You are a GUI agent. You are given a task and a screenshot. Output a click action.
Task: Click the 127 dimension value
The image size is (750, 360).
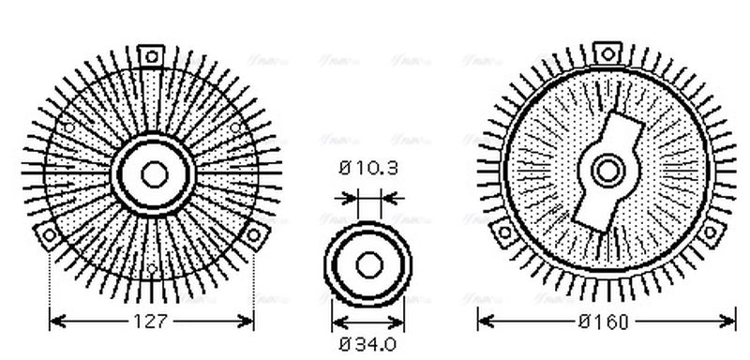(152, 322)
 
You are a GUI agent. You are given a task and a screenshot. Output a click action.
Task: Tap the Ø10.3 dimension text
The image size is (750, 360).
(367, 169)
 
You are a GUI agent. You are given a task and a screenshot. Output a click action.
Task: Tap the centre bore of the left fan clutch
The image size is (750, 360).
(152, 172)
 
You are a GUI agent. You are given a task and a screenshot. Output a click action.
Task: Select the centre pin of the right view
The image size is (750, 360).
(608, 171)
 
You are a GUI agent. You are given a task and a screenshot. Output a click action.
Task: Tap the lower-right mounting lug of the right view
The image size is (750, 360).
(712, 232)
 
